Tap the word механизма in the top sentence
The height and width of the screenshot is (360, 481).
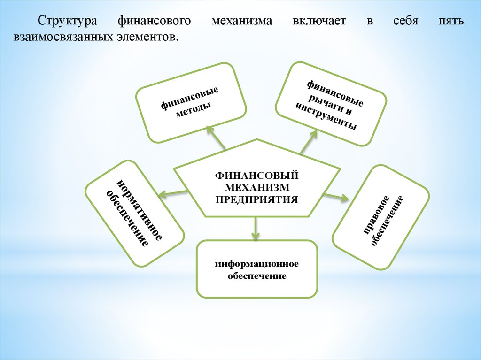coord(242,21)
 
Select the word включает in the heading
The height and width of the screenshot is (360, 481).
coord(319,21)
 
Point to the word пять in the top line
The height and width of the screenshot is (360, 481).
coord(450,21)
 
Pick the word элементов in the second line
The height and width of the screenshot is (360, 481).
coord(147,37)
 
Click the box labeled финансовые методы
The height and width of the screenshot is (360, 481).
coord(191,103)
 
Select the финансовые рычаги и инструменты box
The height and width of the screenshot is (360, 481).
coord(331,104)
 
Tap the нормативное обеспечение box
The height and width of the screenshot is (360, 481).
coord(135,213)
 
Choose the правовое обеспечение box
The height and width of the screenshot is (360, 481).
coord(380,217)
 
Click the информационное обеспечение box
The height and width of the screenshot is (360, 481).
coord(257,269)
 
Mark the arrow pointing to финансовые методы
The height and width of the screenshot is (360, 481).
coord(216,137)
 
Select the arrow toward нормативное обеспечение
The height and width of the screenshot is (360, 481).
coord(173,193)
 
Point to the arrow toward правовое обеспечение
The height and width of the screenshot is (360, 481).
coord(336,197)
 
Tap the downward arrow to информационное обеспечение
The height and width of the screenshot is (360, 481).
coord(255,228)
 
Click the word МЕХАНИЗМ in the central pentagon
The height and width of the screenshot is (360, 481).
coord(257,187)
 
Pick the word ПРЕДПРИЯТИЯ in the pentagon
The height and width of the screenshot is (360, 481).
coord(257,199)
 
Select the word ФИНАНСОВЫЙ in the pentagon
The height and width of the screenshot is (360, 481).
coord(257,176)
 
